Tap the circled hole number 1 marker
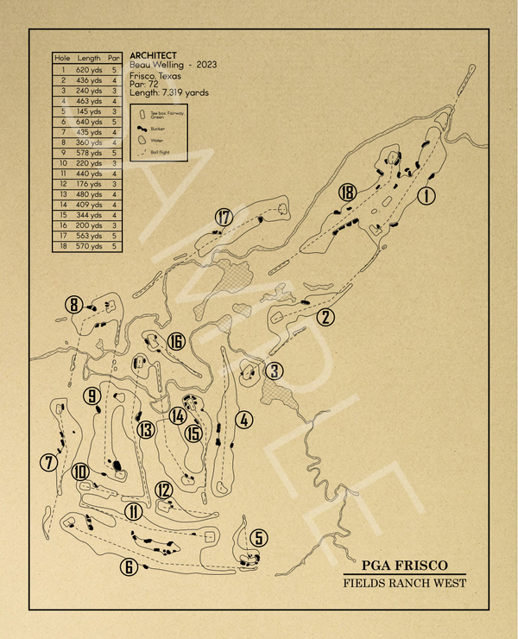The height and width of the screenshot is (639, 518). click(x=426, y=196)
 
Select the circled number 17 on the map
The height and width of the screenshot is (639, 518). click(x=224, y=217)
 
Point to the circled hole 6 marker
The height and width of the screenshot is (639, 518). click(x=129, y=567)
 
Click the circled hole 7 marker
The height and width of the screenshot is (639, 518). click(x=48, y=464)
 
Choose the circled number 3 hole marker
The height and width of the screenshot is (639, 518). click(x=274, y=371)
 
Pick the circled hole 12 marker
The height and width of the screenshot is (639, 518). click(x=164, y=490)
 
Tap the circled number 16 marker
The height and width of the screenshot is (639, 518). click(x=176, y=342)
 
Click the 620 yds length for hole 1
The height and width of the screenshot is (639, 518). click(x=89, y=68)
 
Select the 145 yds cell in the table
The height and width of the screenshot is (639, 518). click(x=89, y=111)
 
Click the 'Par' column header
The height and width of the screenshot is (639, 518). click(x=114, y=58)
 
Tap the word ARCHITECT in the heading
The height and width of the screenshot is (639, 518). click(x=153, y=55)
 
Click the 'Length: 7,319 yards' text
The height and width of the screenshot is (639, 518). click(x=169, y=92)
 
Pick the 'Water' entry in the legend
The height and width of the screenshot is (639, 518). click(x=155, y=138)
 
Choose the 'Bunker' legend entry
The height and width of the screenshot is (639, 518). click(x=158, y=126)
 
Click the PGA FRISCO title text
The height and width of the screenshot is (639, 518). click(x=405, y=566)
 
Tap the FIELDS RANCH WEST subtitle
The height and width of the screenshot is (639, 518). click(x=405, y=584)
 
